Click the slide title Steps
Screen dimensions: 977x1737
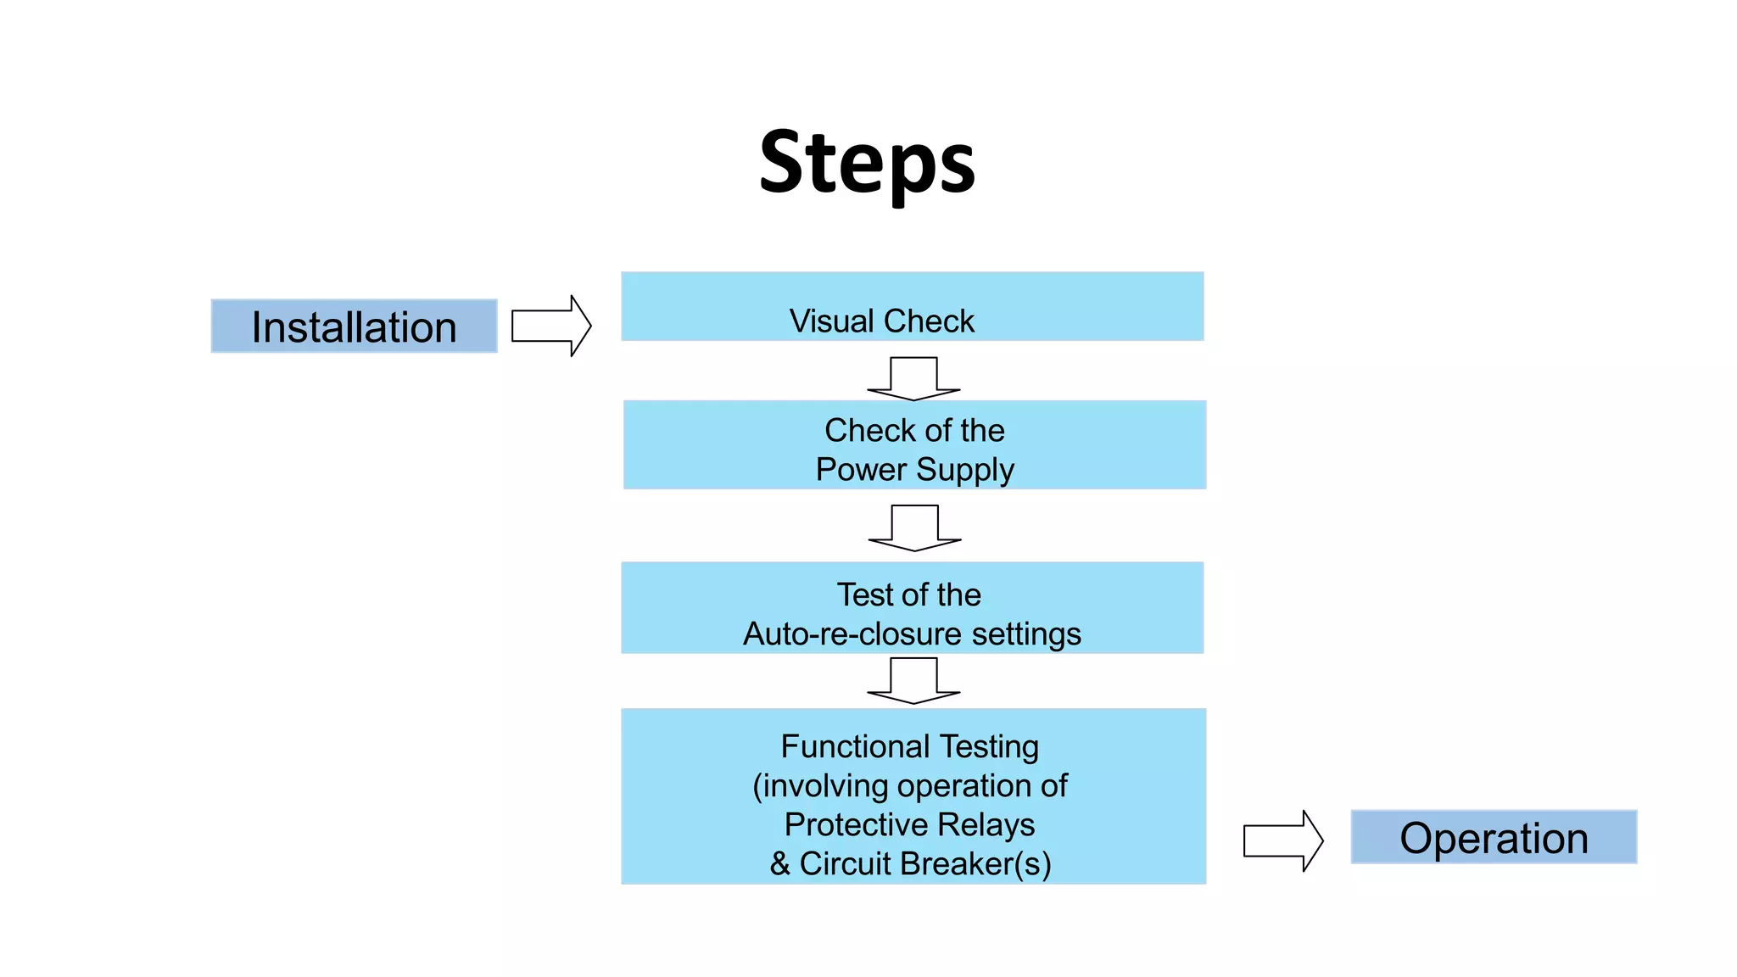point(867,163)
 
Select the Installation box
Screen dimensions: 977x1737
point(354,327)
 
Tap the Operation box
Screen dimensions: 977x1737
point(1493,837)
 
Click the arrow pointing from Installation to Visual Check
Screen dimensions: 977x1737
point(551,326)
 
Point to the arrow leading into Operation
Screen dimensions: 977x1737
point(1282,840)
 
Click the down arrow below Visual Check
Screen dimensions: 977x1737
point(913,378)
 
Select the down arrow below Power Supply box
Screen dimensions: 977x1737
point(914,528)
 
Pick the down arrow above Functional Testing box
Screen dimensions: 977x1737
point(913,680)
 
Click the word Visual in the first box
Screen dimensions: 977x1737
point(831,321)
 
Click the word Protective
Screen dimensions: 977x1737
point(857,824)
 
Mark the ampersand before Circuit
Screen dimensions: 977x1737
point(780,864)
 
